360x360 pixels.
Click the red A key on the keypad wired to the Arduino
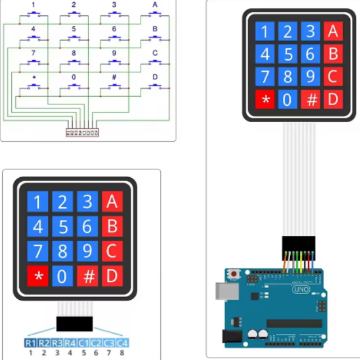click(332, 31)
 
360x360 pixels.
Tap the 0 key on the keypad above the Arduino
click(287, 100)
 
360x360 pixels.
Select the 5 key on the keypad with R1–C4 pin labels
click(62, 227)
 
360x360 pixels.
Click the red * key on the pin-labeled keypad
click(38, 276)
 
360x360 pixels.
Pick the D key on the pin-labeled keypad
click(112, 276)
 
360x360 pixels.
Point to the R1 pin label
click(30, 343)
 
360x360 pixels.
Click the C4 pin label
click(122, 343)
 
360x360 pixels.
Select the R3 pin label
click(57, 343)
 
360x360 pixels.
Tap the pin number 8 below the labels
click(122, 353)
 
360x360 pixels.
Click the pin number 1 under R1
click(30, 353)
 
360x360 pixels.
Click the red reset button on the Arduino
click(233, 274)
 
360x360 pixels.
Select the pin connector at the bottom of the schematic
click(82, 133)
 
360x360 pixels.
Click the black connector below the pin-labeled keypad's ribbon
click(74, 323)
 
